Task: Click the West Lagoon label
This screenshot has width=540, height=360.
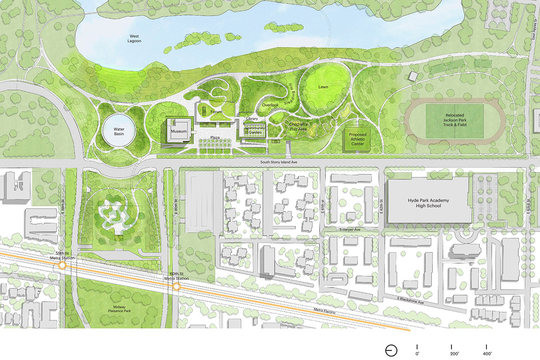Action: tap(135, 38)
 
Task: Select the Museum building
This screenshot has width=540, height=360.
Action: tap(178, 131)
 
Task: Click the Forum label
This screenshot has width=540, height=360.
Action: tap(216, 112)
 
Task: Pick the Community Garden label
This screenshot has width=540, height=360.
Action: tap(255, 130)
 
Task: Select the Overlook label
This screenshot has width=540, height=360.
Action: tap(270, 105)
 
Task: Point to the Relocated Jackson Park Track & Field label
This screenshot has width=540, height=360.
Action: tap(454, 119)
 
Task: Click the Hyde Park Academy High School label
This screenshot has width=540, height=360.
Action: tap(429, 203)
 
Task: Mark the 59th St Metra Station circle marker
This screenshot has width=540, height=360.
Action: tap(63, 265)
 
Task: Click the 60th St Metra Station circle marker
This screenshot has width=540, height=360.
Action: tap(177, 286)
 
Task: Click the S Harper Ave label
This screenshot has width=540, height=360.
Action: tap(351, 229)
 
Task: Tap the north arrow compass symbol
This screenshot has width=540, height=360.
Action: tap(391, 351)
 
